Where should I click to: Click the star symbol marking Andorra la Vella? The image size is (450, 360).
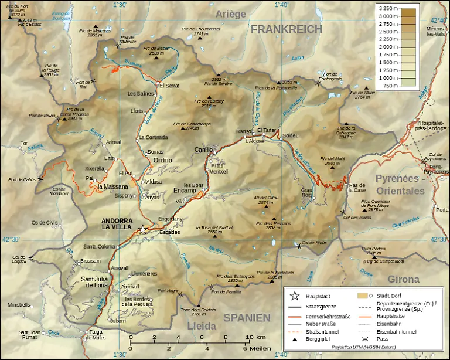pos(142,230)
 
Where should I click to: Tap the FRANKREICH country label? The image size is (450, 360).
pos(287,29)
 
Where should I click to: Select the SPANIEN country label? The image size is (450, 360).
pos(246,317)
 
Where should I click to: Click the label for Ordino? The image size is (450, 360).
pos(162,160)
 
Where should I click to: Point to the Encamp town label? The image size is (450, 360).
pos(185,191)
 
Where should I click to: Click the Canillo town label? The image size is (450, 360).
pos(203,150)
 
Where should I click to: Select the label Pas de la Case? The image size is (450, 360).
pos(357,188)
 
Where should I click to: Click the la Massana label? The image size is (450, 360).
pos(108,187)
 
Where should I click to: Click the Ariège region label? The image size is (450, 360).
pos(231,14)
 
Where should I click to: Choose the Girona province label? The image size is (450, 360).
pos(404,280)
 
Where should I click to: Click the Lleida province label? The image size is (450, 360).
pos(202,325)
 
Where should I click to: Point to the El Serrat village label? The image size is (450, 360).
pos(170,86)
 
